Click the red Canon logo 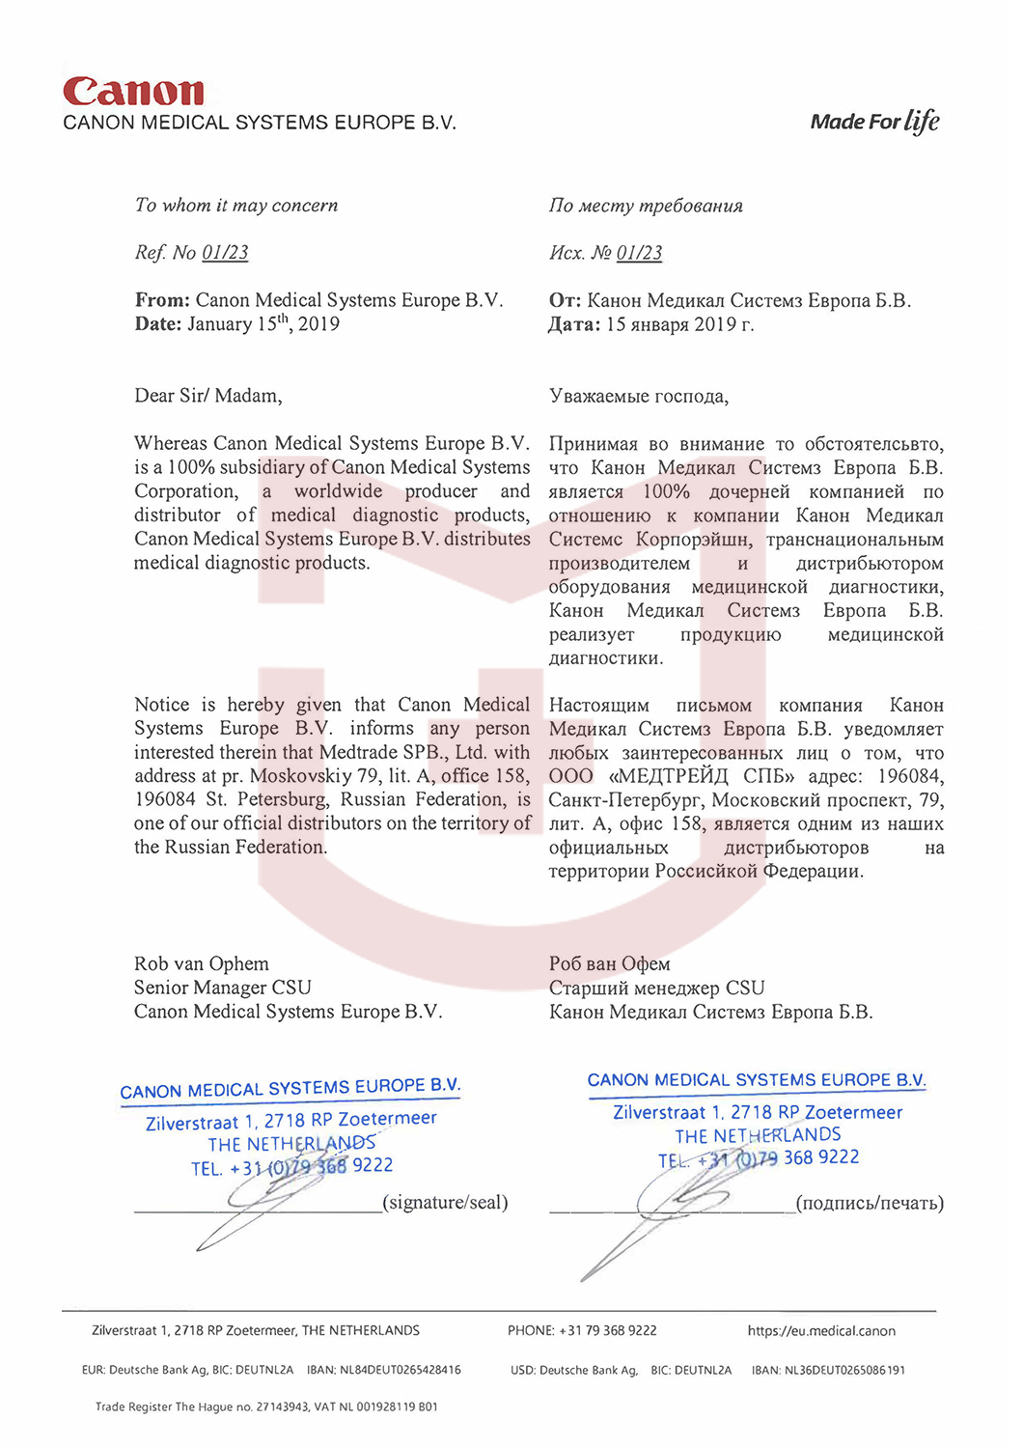click(133, 92)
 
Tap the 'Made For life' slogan click(874, 122)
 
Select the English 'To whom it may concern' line click(236, 206)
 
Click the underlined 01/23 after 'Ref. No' click(225, 253)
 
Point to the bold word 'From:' click(162, 300)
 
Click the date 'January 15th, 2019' click(263, 324)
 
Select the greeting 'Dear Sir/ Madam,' click(208, 396)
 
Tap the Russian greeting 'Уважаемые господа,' click(639, 397)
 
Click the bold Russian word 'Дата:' click(574, 324)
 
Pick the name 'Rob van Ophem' click(202, 963)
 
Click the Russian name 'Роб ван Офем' click(609, 963)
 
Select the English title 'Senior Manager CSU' click(223, 988)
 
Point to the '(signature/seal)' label click(445, 1202)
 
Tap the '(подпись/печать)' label click(870, 1203)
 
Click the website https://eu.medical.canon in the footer click(821, 1331)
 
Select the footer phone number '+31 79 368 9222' click(607, 1330)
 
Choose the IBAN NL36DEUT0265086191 click(844, 1370)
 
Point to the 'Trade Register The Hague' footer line click(266, 1406)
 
